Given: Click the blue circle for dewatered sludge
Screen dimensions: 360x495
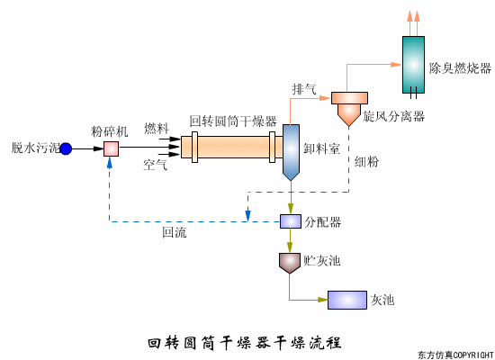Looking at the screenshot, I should pos(66,148).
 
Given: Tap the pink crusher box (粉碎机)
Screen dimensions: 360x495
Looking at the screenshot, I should pos(111,148).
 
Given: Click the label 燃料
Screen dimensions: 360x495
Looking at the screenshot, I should pos(156,130).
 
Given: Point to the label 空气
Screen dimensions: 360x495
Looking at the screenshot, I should pos(156,166).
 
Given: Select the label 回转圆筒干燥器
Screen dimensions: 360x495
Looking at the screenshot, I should pos(232,121).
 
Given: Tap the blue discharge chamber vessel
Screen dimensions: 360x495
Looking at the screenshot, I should pos(291,149).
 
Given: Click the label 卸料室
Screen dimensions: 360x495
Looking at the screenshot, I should pos(322,149).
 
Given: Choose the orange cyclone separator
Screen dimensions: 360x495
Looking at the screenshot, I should pos(346,106).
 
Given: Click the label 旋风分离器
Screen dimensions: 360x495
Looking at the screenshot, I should pos(393,117).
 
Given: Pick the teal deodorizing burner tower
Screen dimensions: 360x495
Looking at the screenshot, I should pos(414,62).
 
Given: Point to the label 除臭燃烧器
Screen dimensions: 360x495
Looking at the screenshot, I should pos(460,67).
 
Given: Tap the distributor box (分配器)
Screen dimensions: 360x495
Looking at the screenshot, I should pos(291,221).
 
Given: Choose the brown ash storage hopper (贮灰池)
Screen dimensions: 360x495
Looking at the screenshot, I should pos(290,261).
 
